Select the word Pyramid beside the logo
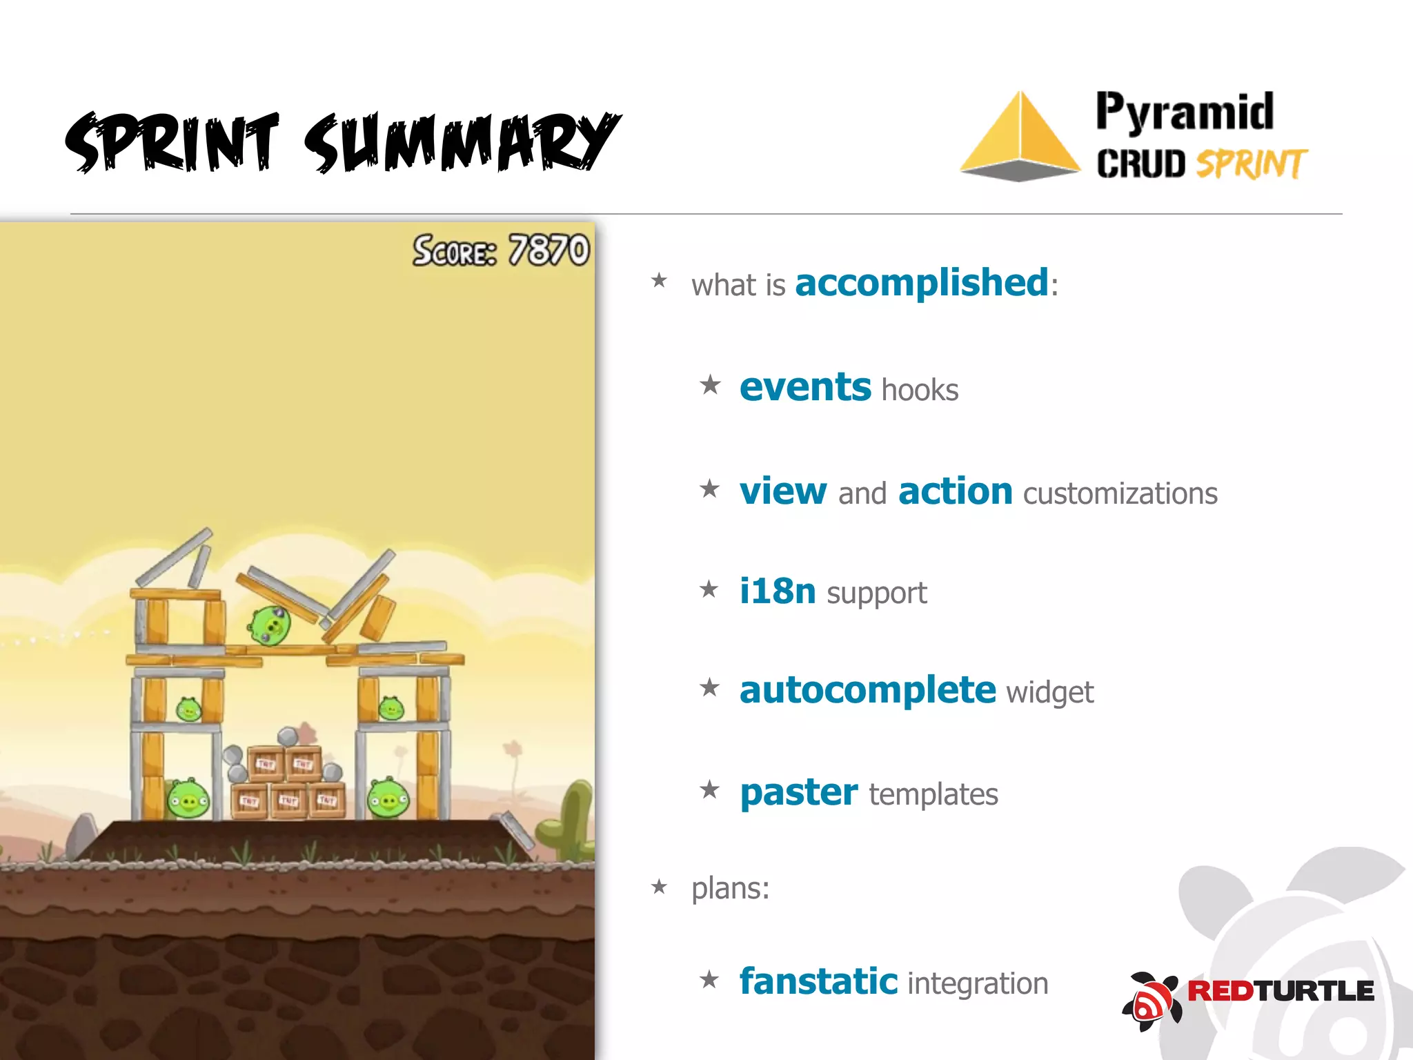(1184, 112)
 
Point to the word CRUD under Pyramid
(1140, 164)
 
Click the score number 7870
(549, 250)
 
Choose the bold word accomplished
(922, 283)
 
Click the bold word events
(804, 387)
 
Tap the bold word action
(955, 491)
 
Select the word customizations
(1120, 494)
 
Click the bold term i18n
(777, 591)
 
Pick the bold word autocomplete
(867, 690)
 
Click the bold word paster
(798, 792)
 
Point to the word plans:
(730, 888)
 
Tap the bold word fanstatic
(818, 981)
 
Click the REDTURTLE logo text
(1280, 991)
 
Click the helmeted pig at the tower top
(270, 625)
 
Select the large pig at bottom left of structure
(188, 799)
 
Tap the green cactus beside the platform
(569, 821)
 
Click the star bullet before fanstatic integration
(709, 979)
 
